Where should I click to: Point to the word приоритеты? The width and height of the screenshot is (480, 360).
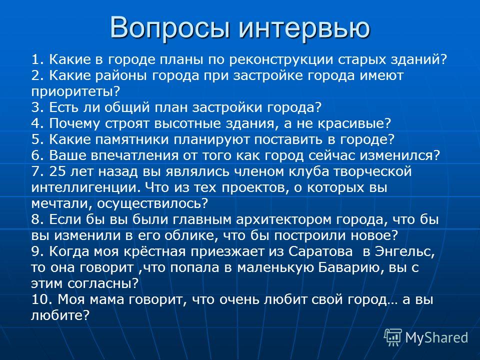75,91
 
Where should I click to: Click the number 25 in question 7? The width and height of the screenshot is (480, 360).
57,171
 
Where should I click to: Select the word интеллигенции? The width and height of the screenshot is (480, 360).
86,187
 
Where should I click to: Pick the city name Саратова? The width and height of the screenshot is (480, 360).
320,251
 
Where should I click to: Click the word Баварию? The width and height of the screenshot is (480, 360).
351,267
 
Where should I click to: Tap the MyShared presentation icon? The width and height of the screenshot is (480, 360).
393,337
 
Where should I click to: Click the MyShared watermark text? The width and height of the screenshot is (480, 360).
436,338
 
